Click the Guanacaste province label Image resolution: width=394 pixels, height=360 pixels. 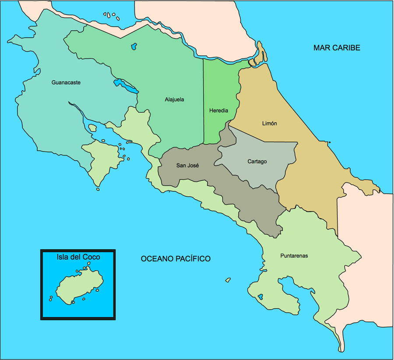(66, 82)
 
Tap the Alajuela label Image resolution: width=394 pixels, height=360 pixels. (174, 99)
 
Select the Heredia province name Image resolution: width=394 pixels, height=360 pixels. (218, 111)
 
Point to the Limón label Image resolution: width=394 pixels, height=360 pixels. (269, 124)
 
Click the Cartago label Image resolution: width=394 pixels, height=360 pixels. (257, 162)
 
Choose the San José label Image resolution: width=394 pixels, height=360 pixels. (187, 166)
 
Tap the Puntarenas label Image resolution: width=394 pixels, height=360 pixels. (294, 256)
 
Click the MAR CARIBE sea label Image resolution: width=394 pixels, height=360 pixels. (337, 48)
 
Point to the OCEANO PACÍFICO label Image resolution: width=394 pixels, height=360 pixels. (175, 259)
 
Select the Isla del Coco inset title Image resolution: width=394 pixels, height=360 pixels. (78, 257)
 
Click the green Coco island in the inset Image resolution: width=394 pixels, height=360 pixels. (79, 287)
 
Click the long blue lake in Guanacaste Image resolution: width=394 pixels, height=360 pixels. (126, 86)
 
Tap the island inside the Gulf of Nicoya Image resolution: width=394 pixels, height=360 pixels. (92, 128)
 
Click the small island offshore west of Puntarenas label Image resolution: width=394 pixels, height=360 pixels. (228, 279)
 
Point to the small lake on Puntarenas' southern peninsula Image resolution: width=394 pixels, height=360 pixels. (260, 296)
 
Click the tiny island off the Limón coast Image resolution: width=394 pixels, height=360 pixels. (329, 142)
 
